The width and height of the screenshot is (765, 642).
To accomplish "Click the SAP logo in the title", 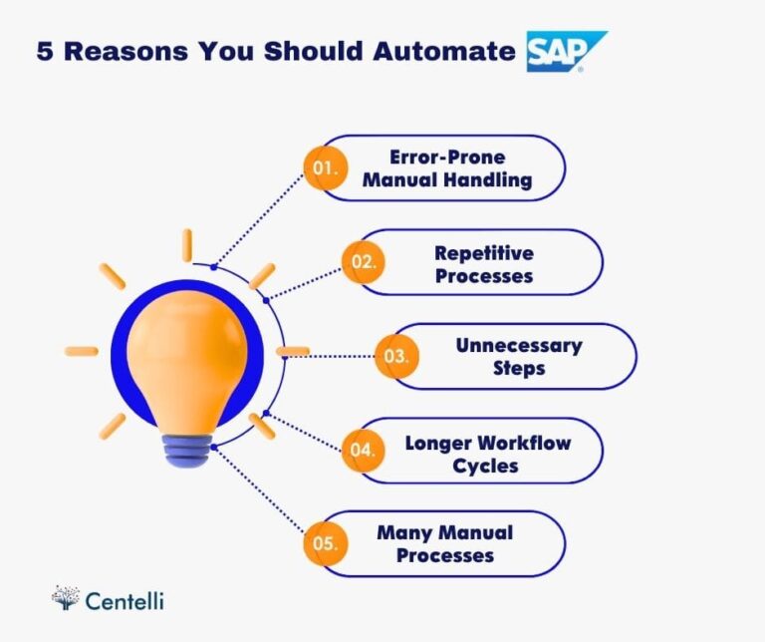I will (x=566, y=51).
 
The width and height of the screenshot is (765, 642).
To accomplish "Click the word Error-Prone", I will (x=447, y=157).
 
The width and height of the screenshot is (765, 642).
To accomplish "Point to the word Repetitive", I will (x=484, y=252).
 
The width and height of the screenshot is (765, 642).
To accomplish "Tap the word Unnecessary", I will (x=519, y=346).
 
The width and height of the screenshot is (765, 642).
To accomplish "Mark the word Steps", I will (x=519, y=369).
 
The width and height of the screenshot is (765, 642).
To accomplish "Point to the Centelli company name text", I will (x=125, y=600).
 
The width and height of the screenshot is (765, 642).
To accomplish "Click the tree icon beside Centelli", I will (x=66, y=597).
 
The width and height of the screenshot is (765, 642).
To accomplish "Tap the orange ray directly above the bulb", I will (x=186, y=245).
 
